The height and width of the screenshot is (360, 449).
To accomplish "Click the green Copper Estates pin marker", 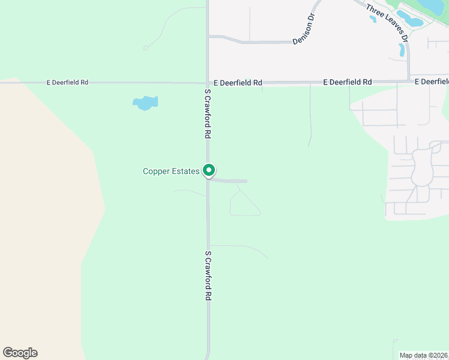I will (209, 171).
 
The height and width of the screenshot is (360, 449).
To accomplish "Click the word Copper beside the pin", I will (155, 172).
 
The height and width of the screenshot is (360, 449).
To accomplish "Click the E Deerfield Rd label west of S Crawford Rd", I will (67, 82).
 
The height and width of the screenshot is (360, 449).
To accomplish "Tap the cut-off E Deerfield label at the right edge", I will (432, 82).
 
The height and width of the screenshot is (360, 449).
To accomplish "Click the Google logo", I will (20, 353).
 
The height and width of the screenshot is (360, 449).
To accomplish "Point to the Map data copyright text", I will (424, 355).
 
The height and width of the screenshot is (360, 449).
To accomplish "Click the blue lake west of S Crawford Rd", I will (145, 103).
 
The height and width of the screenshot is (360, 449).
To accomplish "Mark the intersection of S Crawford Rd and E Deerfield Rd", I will (208, 82).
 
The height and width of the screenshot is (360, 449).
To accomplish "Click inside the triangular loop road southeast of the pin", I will (244, 205).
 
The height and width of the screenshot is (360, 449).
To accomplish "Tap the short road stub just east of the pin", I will (231, 180).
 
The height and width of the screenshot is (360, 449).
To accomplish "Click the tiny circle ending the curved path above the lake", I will (145, 48).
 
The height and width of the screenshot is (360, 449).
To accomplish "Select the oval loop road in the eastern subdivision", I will (423, 166).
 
